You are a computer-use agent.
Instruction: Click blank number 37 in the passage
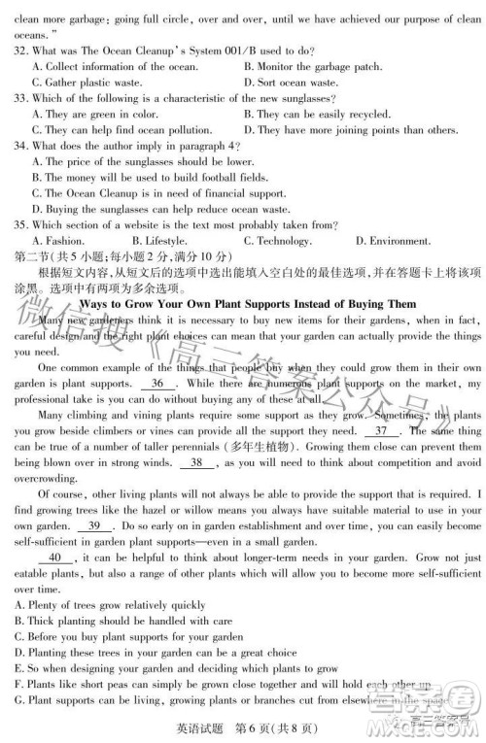click(381, 431)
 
